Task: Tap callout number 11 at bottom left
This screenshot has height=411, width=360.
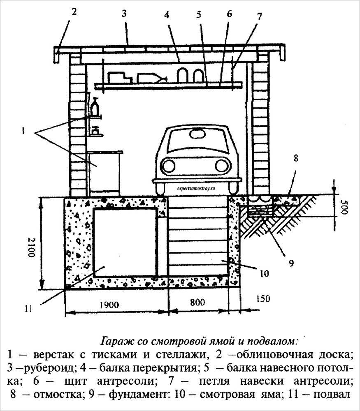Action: coord(28,309)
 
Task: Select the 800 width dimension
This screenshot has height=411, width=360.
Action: coord(197,303)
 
